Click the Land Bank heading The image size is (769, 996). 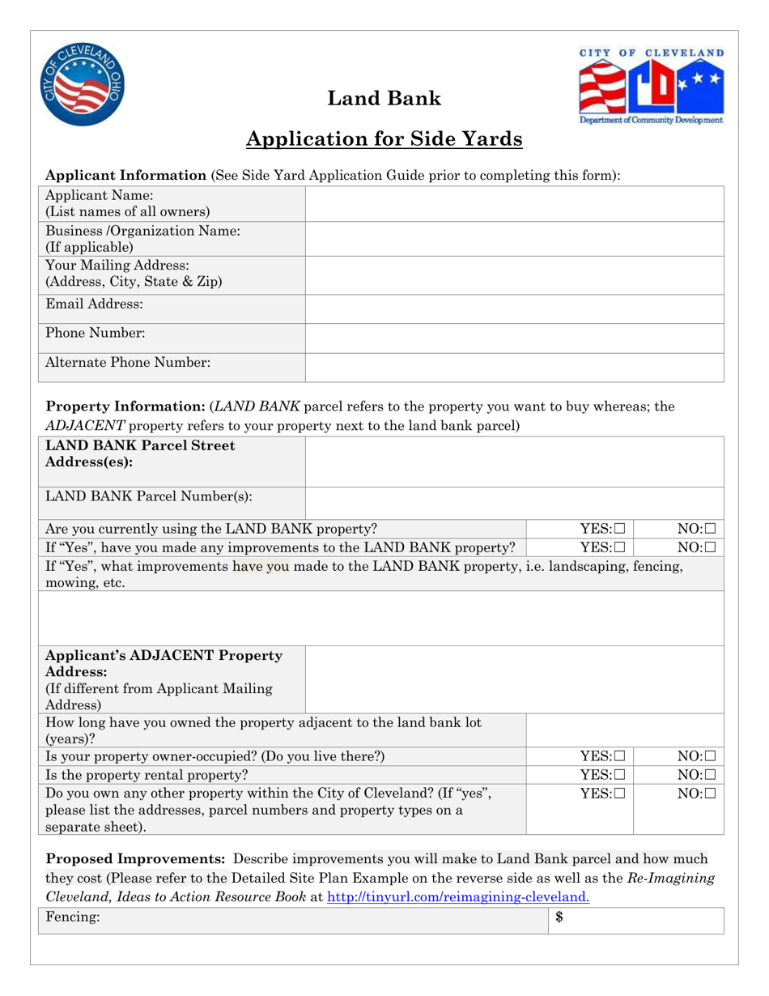[x=384, y=99]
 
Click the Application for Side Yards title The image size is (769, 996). [x=384, y=140]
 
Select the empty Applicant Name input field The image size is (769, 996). [x=515, y=203]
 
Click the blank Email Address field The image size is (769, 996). [x=515, y=309]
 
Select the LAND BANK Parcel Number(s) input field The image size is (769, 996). [x=515, y=499]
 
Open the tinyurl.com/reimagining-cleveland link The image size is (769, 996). [x=457, y=897]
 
